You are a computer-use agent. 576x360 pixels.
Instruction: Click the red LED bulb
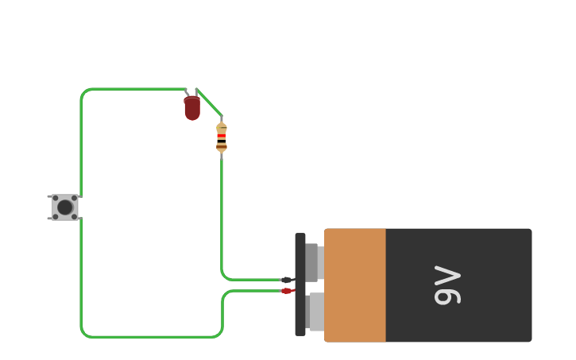[x=192, y=108]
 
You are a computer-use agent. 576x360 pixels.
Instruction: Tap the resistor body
[x=222, y=137]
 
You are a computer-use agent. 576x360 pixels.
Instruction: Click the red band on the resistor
[x=222, y=136]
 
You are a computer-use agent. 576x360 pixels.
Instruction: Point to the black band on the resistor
[x=222, y=141]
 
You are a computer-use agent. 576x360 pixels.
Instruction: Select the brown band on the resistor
[x=222, y=146]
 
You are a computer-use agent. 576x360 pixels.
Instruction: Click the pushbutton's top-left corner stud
[x=56, y=198]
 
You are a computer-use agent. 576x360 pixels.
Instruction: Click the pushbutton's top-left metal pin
[x=49, y=196]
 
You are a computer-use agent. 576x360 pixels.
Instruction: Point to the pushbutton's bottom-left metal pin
[x=49, y=219]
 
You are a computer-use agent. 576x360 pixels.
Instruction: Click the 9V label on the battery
[x=447, y=286]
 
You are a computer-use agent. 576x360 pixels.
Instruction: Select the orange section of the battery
[x=355, y=285]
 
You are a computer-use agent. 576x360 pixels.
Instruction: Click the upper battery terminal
[x=312, y=262]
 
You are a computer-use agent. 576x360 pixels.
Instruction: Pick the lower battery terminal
[x=315, y=312]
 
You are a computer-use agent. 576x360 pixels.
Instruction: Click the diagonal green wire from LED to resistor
[x=209, y=102]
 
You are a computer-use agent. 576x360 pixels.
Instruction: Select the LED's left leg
[x=187, y=93]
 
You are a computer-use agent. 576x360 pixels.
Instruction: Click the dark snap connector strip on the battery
[x=300, y=285]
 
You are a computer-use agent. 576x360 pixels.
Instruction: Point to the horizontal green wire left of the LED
[x=135, y=89]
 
